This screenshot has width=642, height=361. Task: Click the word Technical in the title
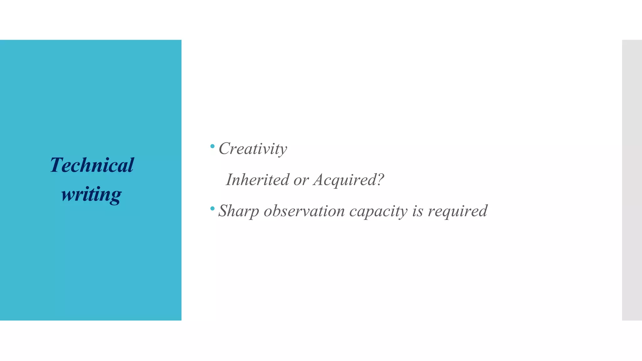coord(92,165)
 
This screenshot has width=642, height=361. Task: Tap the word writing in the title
coord(91,194)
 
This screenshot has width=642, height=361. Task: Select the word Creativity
coord(253,149)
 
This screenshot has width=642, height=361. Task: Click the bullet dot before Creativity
coord(212,146)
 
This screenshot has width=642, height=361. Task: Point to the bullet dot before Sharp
coord(212,208)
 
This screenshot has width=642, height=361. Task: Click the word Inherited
coord(257,180)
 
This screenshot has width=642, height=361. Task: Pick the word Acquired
coord(345,180)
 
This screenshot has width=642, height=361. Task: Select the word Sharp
coord(239,211)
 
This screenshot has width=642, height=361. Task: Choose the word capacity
coord(378,211)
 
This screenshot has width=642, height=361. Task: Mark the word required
coord(457,211)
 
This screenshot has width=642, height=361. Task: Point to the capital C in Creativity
coord(224,148)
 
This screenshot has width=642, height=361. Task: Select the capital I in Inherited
coord(229,180)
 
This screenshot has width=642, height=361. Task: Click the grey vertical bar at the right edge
coord(632,180)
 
